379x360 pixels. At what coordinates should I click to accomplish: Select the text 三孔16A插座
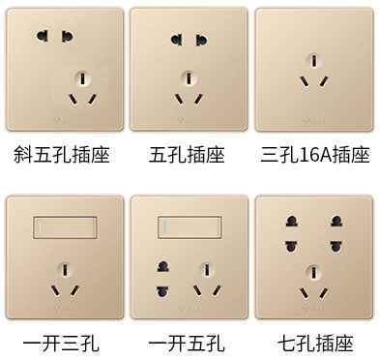click(315, 154)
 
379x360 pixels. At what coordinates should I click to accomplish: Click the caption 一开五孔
click(188, 342)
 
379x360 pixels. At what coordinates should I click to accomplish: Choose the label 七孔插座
click(315, 342)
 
